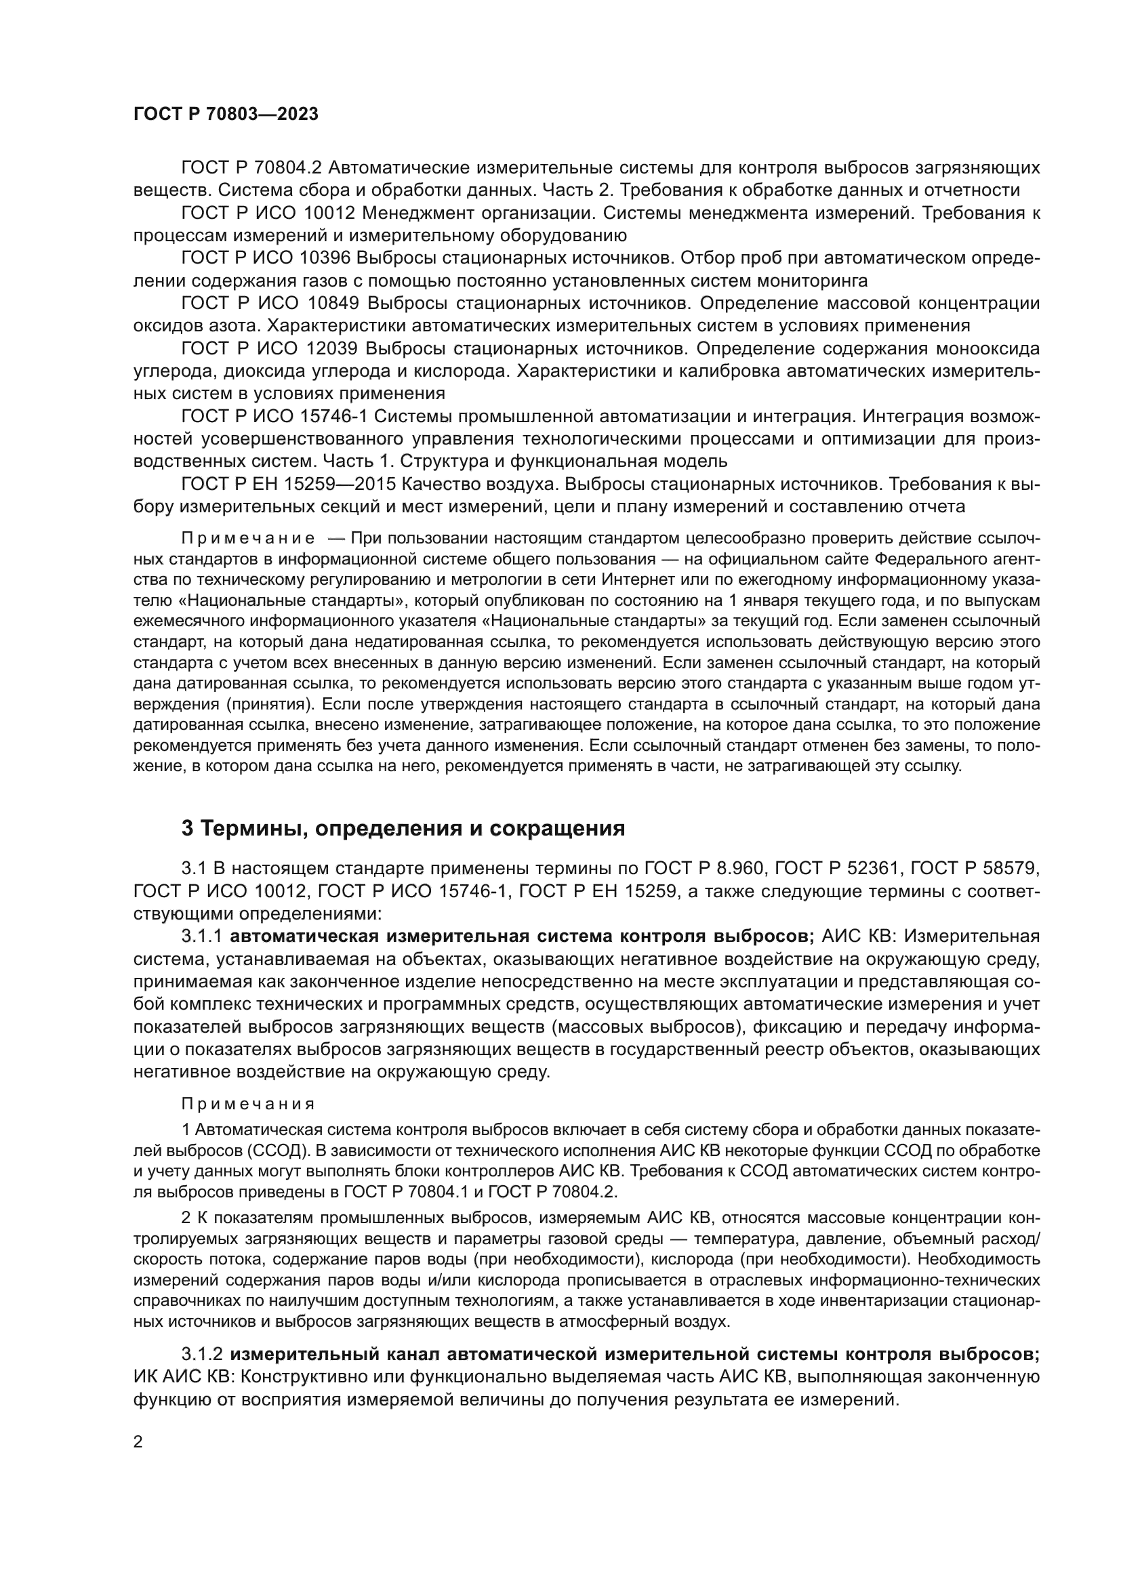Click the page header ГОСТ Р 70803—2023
[226, 115]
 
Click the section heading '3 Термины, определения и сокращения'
[403, 828]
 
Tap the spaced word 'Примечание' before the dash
[249, 539]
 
